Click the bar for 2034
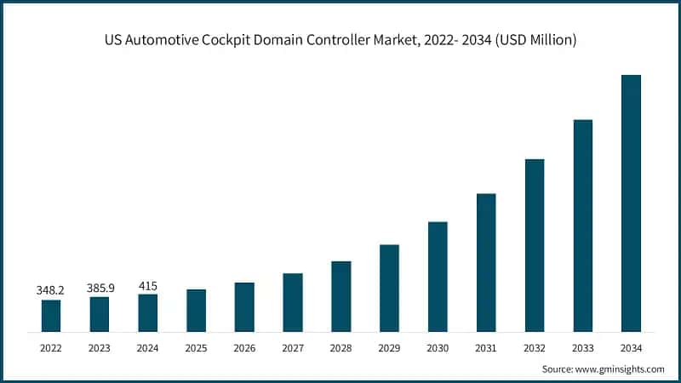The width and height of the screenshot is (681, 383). tap(631, 203)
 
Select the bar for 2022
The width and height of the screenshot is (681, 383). tap(51, 316)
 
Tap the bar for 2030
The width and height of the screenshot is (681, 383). tap(438, 277)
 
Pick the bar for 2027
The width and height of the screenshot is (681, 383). tap(293, 302)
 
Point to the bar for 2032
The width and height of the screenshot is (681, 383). tap(535, 245)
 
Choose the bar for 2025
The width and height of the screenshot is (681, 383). tap(196, 311)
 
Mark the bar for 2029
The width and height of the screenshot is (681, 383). tap(389, 288)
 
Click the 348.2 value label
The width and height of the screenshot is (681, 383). tap(51, 290)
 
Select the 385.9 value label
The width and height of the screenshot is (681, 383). tap(100, 288)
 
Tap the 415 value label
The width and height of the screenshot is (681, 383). tap(148, 285)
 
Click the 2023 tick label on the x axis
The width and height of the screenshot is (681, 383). tap(100, 347)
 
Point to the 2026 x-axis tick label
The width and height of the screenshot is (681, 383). tap(244, 347)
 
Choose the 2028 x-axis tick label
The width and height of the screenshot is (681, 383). tap(340, 347)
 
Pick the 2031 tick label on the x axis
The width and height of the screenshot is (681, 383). tap(486, 347)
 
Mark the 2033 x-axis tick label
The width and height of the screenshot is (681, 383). tap(582, 347)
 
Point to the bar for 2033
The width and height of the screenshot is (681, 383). tap(582, 226)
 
